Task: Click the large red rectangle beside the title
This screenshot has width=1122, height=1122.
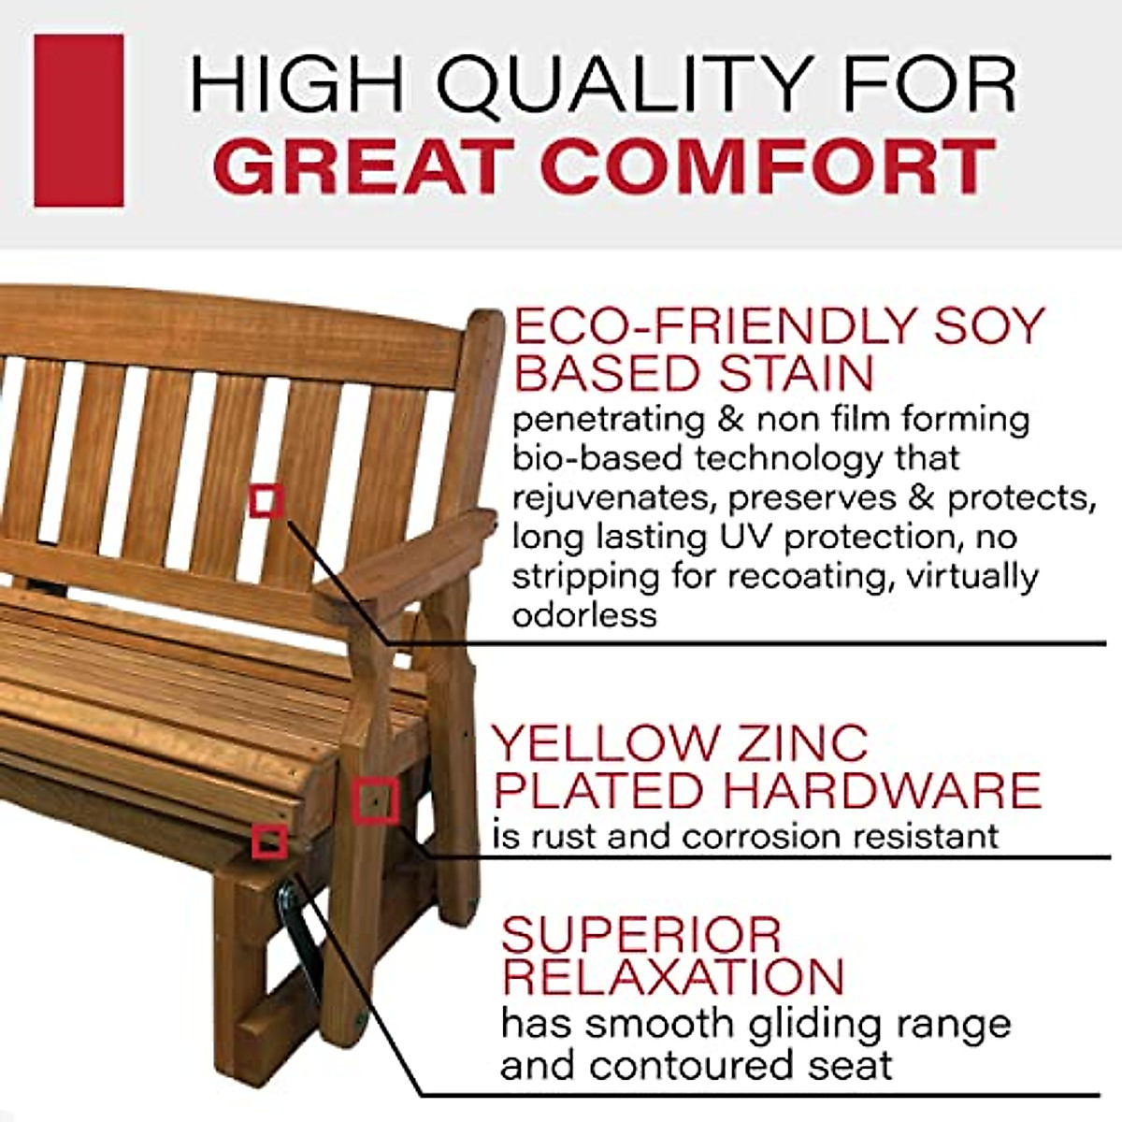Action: tap(79, 121)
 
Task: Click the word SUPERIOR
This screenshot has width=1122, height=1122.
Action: tap(640, 934)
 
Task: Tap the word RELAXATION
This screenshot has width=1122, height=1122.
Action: tap(673, 976)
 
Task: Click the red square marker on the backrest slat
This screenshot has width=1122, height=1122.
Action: tap(267, 501)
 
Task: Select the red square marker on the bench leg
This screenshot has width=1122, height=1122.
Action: tap(376, 801)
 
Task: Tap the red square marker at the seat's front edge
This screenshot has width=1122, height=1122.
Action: tap(269, 841)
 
